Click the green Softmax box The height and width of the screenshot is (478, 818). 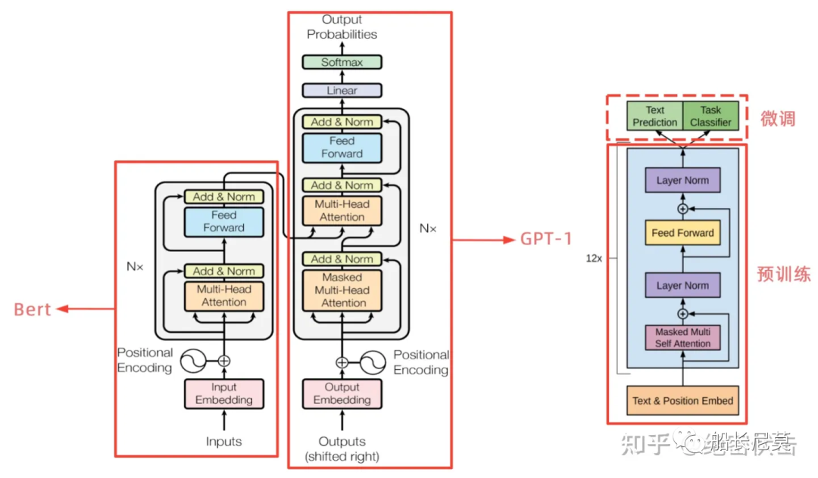point(342,62)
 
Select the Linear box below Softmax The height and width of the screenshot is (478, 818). point(342,91)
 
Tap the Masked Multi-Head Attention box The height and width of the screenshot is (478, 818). point(342,290)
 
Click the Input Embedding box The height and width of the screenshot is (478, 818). point(223,394)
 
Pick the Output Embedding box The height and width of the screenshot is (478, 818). point(342,394)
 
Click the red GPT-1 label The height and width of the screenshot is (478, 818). point(546,239)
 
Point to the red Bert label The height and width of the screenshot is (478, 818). point(33,309)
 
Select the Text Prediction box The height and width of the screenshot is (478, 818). point(655,116)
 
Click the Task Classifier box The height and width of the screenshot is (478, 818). point(710,116)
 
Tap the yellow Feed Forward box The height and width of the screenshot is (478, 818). point(682,233)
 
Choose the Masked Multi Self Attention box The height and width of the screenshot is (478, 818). point(682,338)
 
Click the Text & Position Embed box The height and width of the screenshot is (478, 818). point(682,401)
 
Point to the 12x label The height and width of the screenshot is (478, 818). point(594,257)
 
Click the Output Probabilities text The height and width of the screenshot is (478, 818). point(342,26)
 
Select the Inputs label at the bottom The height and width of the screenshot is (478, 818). point(223,441)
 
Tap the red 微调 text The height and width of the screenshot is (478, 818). point(778,118)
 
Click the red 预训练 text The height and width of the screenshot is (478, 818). point(783,274)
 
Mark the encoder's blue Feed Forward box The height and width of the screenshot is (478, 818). point(223,221)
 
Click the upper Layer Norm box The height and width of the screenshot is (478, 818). point(682,181)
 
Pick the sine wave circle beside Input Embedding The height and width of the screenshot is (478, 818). point(191,362)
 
